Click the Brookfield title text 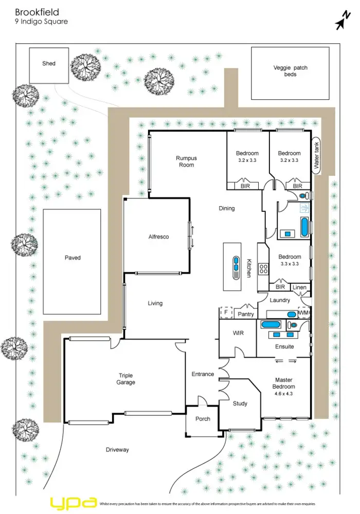[37, 12]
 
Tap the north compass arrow [340, 22]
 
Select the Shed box [49, 65]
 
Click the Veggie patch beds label [291, 71]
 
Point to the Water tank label [317, 157]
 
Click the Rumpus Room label [186, 161]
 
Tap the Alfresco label [158, 237]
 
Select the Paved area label [73, 258]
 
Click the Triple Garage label [126, 379]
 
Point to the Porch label [203, 419]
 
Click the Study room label [240, 403]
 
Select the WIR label [238, 334]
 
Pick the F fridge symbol [225, 311]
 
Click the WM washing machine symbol [303, 312]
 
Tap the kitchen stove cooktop [262, 268]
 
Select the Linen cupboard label [299, 287]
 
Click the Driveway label [117, 450]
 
